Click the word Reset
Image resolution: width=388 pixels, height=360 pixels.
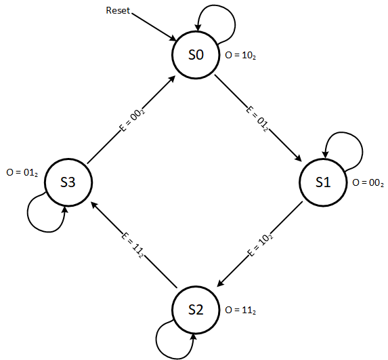coord(118,10)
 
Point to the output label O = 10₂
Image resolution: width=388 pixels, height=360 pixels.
coord(240,55)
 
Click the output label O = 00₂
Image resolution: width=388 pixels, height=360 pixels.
coord(368,183)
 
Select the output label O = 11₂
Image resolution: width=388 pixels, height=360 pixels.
coord(240,311)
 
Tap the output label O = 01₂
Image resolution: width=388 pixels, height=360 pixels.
coord(22,173)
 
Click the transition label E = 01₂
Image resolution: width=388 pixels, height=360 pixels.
coord(257,119)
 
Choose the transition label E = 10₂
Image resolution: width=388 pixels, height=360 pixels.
coord(260,245)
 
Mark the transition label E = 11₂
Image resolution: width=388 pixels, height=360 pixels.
coord(133,246)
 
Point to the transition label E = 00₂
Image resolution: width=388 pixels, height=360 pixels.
coord(132,120)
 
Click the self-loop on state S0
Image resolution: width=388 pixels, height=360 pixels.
coord(235,25)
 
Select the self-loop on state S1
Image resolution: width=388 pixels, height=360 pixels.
coord(362,152)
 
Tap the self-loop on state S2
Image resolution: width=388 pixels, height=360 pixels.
coord(156,340)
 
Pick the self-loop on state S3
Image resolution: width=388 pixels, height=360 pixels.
coord(28,213)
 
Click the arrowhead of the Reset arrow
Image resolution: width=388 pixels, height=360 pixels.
coord(173,39)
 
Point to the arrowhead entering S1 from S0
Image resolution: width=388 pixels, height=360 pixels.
coord(299,159)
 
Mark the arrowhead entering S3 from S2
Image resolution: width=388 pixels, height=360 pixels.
coord(95,205)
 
